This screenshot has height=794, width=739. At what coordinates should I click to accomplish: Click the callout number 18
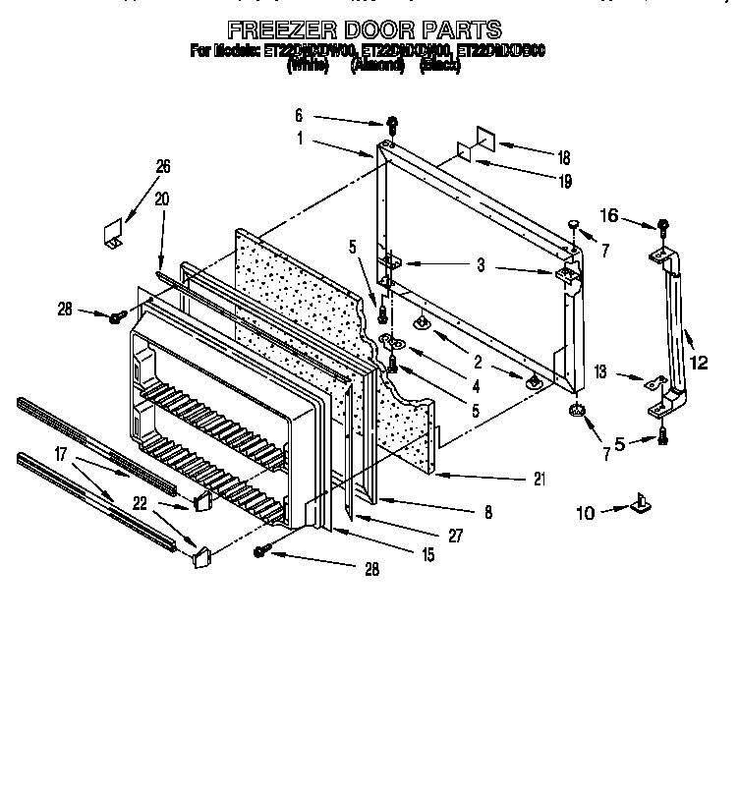[563, 157]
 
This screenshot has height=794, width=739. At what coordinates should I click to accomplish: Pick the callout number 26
[163, 165]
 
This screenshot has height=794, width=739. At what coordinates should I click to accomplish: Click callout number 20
[163, 198]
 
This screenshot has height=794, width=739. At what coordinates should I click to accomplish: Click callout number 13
[601, 372]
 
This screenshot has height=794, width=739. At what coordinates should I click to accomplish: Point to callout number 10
[586, 512]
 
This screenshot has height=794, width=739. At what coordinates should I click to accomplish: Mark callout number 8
[488, 512]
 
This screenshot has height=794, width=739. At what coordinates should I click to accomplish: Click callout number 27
[454, 536]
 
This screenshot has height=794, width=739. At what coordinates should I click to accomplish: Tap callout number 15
[427, 555]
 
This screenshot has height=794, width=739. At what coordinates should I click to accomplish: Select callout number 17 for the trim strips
[61, 456]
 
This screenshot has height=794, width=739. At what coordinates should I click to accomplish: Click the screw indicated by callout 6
[392, 125]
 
